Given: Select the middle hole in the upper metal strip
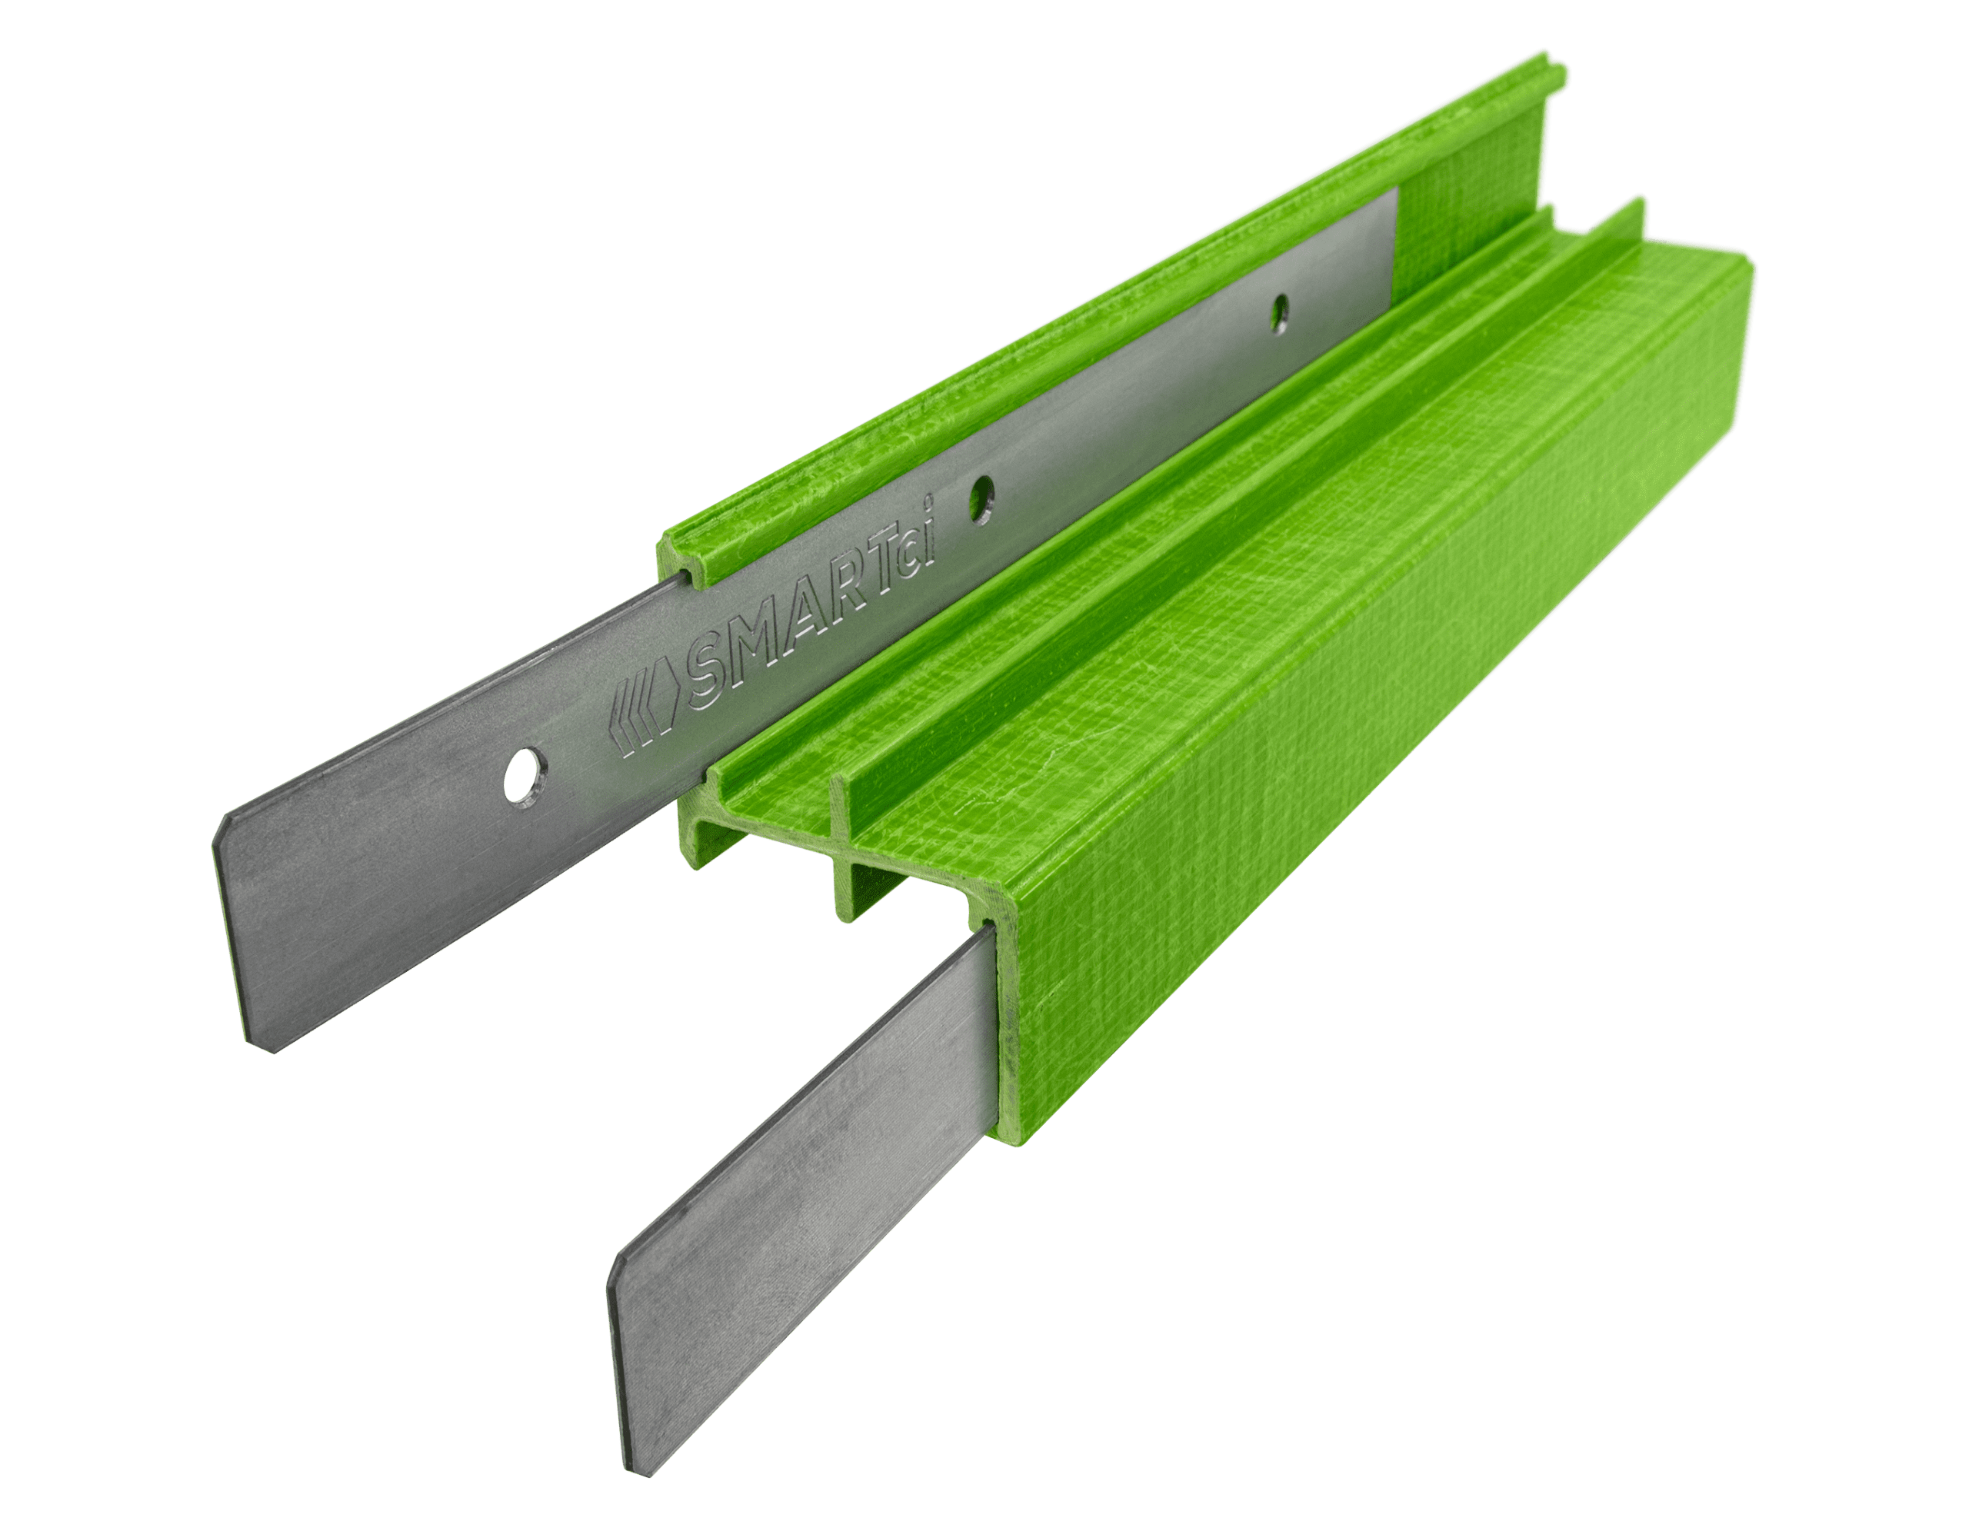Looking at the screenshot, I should [981, 497].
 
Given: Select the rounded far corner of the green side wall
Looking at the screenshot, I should [1750, 271].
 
